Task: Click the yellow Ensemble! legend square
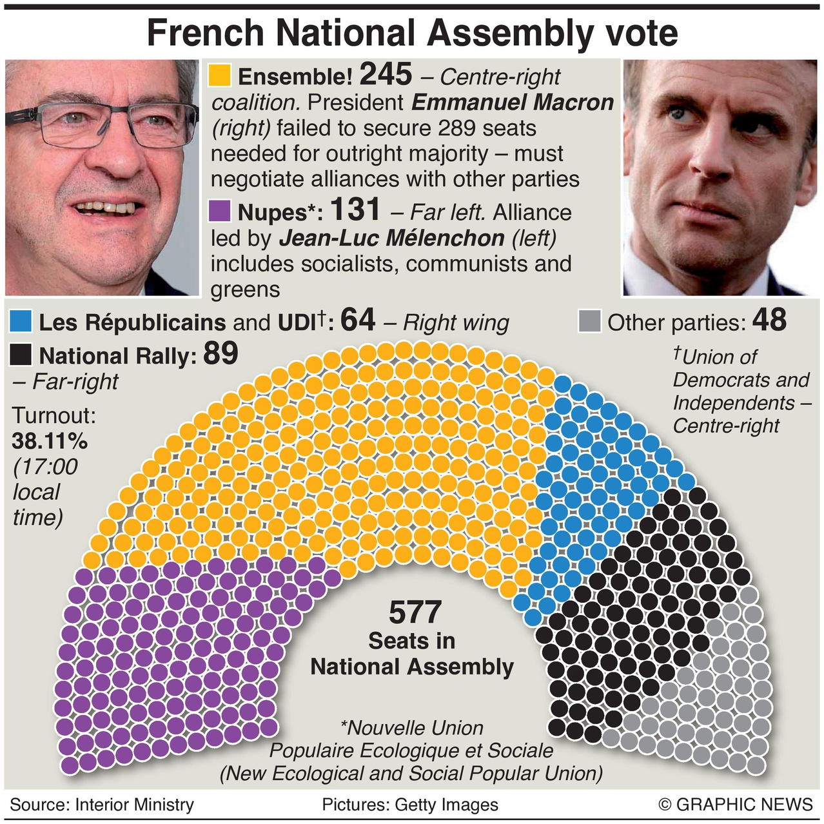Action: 220,75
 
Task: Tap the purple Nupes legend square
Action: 220,211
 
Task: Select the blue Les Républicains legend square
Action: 21,321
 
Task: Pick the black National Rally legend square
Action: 21,355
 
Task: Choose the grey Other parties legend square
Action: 589,321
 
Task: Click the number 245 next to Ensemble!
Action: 386,75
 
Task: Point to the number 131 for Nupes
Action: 355,210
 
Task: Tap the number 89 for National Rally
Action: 221,353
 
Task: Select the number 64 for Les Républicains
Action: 357,320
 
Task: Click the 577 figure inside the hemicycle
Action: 415,613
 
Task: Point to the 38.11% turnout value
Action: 50,441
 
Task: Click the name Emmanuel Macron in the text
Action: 513,103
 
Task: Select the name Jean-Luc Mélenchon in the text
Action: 391,239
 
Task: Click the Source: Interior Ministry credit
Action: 102,805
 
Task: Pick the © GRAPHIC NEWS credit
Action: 736,805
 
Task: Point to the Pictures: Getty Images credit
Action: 410,805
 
